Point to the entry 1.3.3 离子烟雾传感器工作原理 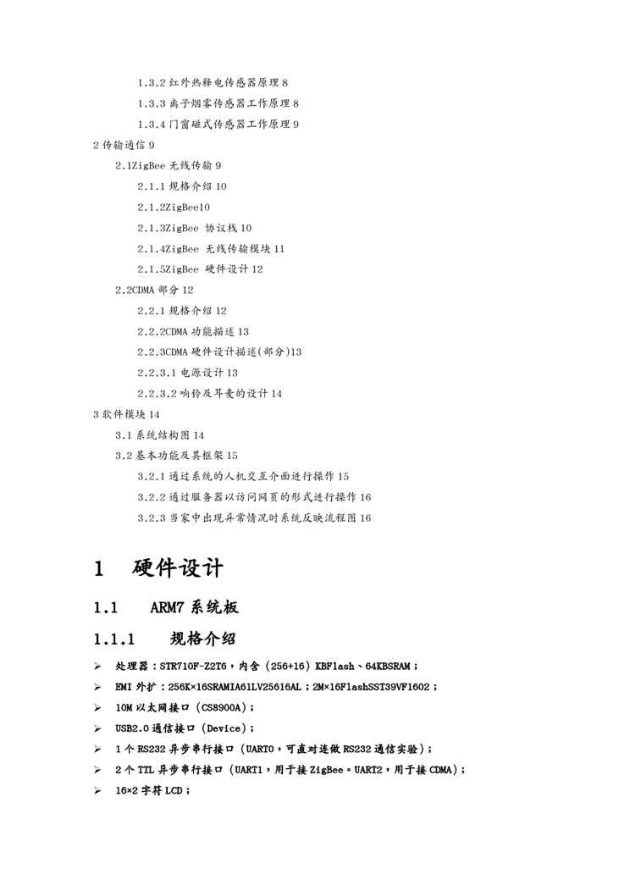(x=218, y=103)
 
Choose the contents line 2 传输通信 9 (x=124, y=145)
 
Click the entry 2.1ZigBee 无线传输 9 (x=169, y=165)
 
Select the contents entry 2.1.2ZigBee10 (x=174, y=207)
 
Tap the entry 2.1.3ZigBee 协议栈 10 (x=194, y=228)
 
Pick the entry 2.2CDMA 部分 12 (x=154, y=290)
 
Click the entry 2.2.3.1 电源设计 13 (x=187, y=373)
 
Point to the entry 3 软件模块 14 (x=126, y=414)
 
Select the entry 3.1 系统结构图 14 (x=159, y=434)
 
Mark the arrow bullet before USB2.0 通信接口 (x=97, y=728)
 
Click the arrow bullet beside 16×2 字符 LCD (x=97, y=790)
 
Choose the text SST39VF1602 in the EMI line (x=391, y=687)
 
